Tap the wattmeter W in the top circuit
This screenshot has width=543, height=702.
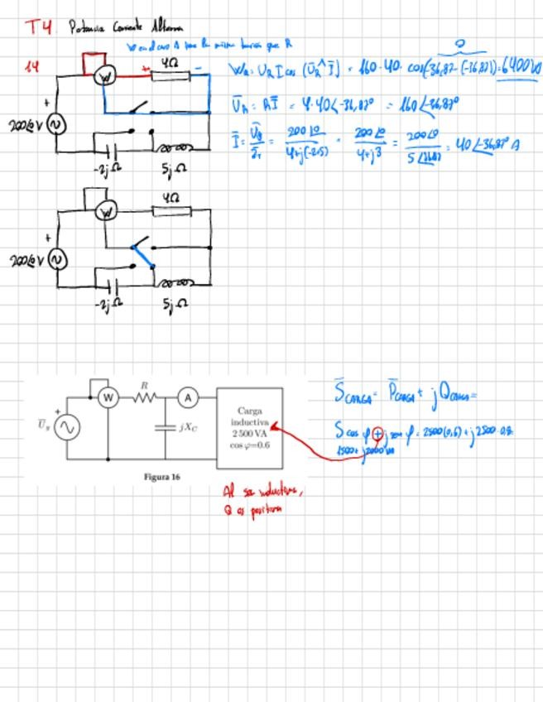104,77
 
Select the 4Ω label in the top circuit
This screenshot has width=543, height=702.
169,63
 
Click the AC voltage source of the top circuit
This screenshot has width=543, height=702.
57,125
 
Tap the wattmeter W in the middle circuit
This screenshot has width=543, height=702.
104,213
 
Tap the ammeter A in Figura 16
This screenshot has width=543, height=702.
188,398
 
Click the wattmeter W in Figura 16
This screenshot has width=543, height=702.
107,398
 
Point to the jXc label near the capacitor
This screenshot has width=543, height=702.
188,428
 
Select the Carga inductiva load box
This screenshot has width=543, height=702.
250,424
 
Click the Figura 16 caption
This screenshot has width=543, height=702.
161,477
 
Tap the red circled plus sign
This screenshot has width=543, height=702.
378,432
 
